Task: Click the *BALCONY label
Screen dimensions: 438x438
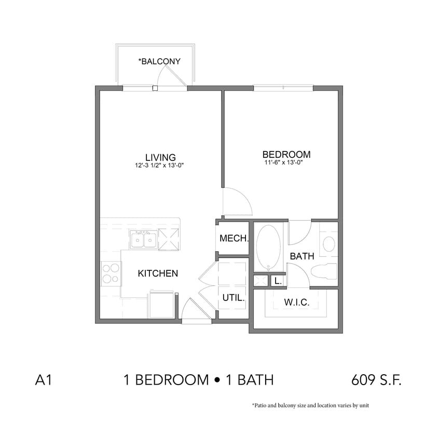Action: point(159,61)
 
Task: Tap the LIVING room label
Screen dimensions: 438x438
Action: point(160,157)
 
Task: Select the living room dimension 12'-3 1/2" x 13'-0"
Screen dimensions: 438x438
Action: point(160,166)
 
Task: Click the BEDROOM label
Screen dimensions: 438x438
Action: point(286,154)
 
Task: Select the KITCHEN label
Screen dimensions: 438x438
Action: point(158,273)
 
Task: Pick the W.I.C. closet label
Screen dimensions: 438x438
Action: point(297,303)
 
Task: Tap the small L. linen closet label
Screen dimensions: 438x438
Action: point(278,281)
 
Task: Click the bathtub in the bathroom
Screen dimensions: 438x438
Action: point(269,247)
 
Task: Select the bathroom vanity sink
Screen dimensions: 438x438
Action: point(328,243)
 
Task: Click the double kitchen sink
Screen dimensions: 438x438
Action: point(143,240)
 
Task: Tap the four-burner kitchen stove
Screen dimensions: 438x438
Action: point(110,273)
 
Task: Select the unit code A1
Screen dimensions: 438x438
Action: point(43,380)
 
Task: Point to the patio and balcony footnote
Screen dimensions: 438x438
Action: point(310,405)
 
